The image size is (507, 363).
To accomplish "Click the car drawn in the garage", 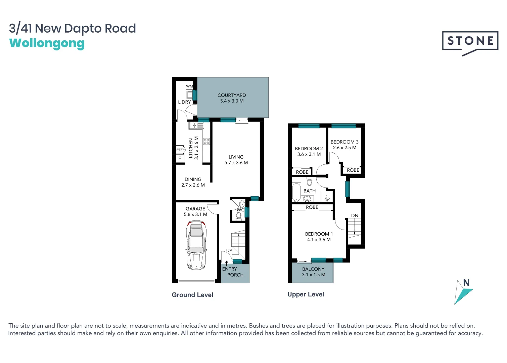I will click(x=196, y=245).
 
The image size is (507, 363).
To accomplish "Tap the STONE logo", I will click(x=470, y=41).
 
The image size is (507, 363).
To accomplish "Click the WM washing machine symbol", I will click(x=189, y=86).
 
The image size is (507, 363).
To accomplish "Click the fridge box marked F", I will click(x=180, y=158).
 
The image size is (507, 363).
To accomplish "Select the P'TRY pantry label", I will click(x=180, y=150).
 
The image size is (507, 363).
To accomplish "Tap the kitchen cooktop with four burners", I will click(x=206, y=142).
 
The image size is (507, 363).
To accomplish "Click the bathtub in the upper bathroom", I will click(x=296, y=192).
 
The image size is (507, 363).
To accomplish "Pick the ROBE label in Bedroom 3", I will click(x=353, y=170).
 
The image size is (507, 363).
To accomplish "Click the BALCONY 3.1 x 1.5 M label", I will click(x=313, y=272).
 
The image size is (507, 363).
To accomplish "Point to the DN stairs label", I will click(x=355, y=215).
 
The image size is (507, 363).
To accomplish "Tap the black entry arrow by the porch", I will click(x=227, y=263).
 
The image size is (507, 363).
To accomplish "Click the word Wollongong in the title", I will click(x=47, y=44).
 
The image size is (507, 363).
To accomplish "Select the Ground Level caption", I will click(x=192, y=295).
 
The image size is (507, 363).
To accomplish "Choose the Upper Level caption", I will click(x=306, y=294).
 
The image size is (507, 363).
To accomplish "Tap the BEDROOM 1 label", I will click(x=319, y=237).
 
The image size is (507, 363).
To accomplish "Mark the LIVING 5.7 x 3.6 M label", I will click(x=236, y=160).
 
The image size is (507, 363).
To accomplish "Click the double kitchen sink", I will click(x=196, y=126).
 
